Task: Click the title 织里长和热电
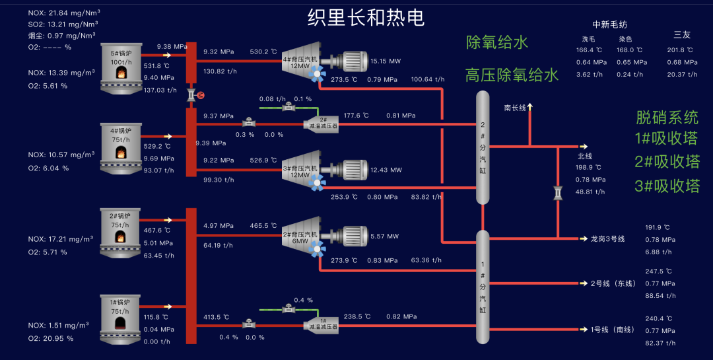(x=366, y=18)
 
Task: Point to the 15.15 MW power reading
(x=386, y=61)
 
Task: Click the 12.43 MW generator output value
(x=386, y=170)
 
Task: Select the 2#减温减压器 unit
(x=320, y=124)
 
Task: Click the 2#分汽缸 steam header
(x=482, y=149)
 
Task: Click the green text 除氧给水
(x=496, y=43)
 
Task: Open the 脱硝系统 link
(x=667, y=118)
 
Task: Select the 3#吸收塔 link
(x=667, y=186)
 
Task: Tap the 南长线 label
(x=515, y=107)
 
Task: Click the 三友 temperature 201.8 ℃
(x=680, y=50)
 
